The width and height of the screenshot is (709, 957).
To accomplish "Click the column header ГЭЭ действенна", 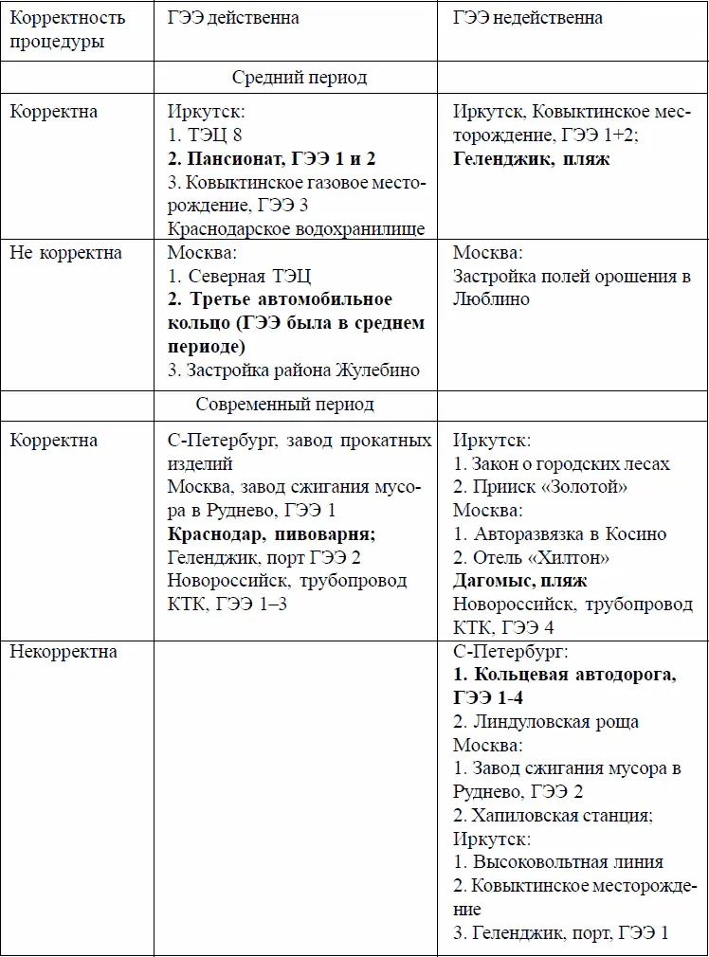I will pyautogui.click(x=233, y=18).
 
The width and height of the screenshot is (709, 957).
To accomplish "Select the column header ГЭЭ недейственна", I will pyautogui.click(x=527, y=18).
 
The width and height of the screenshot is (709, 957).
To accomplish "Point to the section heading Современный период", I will pyautogui.click(x=285, y=405).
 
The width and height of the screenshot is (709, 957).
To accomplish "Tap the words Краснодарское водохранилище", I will pyautogui.click(x=296, y=228).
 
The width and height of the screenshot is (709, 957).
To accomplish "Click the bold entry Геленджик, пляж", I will pyautogui.click(x=531, y=158).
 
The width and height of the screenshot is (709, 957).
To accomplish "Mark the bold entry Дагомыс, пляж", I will pyautogui.click(x=519, y=581).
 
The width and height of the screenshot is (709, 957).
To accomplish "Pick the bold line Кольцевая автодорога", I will pyautogui.click(x=564, y=675).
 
